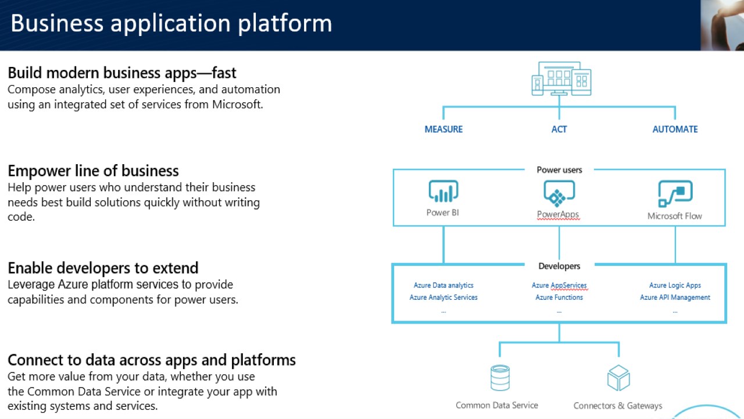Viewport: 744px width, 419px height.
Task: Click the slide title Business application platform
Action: pos(171,24)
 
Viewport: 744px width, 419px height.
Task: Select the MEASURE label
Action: pos(443,129)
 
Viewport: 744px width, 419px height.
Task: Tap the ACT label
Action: pos(559,129)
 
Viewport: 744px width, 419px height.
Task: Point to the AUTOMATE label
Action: pos(675,129)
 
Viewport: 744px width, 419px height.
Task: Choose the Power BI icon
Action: pos(443,191)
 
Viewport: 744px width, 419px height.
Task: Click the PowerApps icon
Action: pos(559,193)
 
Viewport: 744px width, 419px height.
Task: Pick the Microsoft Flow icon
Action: pos(675,193)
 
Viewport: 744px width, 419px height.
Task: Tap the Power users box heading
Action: pos(559,170)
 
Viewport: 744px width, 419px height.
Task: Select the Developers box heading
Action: pos(559,266)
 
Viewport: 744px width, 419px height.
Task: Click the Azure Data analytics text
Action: pos(443,285)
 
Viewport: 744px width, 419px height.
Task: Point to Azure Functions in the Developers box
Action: pos(559,297)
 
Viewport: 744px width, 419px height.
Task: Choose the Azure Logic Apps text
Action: pos(675,285)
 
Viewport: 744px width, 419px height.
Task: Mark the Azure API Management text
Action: pos(675,297)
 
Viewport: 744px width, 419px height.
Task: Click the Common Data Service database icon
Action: pos(500,378)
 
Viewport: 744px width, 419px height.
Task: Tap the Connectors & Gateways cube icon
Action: pos(618,378)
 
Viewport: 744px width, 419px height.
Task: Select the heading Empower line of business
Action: pos(93,171)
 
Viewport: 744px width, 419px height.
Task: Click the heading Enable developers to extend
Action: pos(103,268)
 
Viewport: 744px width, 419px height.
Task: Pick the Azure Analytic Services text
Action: pos(443,297)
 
